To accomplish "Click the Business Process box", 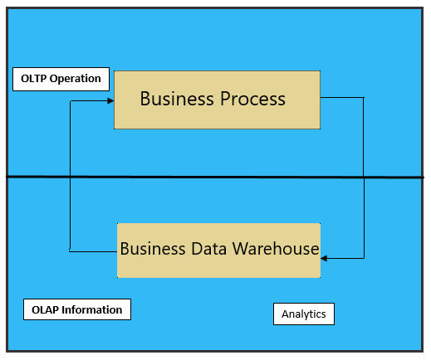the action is click(x=217, y=100).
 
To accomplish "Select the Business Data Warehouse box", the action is click(x=218, y=251).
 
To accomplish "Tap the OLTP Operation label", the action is click(x=61, y=79).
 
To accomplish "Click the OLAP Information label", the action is click(x=77, y=309).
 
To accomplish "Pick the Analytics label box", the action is click(x=304, y=314).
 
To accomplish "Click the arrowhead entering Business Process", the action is click(x=110, y=101).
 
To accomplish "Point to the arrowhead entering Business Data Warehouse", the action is click(x=324, y=258).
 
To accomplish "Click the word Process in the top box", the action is click(x=252, y=99).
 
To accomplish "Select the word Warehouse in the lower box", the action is click(x=276, y=248).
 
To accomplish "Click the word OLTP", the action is click(x=33, y=79).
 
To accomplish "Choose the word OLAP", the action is click(x=45, y=309).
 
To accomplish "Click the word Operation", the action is click(x=75, y=79).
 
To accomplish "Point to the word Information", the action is click(x=92, y=309).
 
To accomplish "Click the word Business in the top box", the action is click(x=177, y=99).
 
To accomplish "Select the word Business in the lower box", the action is click(x=153, y=248).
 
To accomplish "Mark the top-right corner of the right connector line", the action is click(x=364, y=97).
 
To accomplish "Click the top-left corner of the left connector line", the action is click(x=71, y=101).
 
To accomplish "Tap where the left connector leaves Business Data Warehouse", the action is click(x=117, y=251).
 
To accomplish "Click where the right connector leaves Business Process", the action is click(x=321, y=97).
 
